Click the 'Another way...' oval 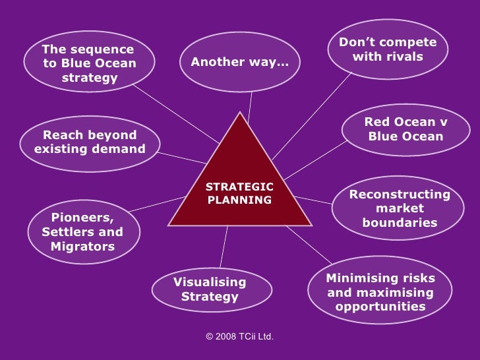(240, 62)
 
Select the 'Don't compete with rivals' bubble (388, 49)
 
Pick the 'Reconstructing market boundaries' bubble (400, 208)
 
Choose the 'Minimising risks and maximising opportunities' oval (380, 292)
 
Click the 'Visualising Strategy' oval (211, 289)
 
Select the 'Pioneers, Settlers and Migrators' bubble (82, 232)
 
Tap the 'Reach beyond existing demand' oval (90, 142)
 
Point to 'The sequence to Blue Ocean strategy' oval (89, 63)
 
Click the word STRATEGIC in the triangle (240, 187)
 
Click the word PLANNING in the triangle (240, 200)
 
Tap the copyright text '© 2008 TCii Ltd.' (239, 337)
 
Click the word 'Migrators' (82, 247)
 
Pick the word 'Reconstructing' (400, 195)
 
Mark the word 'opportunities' (380, 307)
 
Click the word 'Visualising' (210, 282)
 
